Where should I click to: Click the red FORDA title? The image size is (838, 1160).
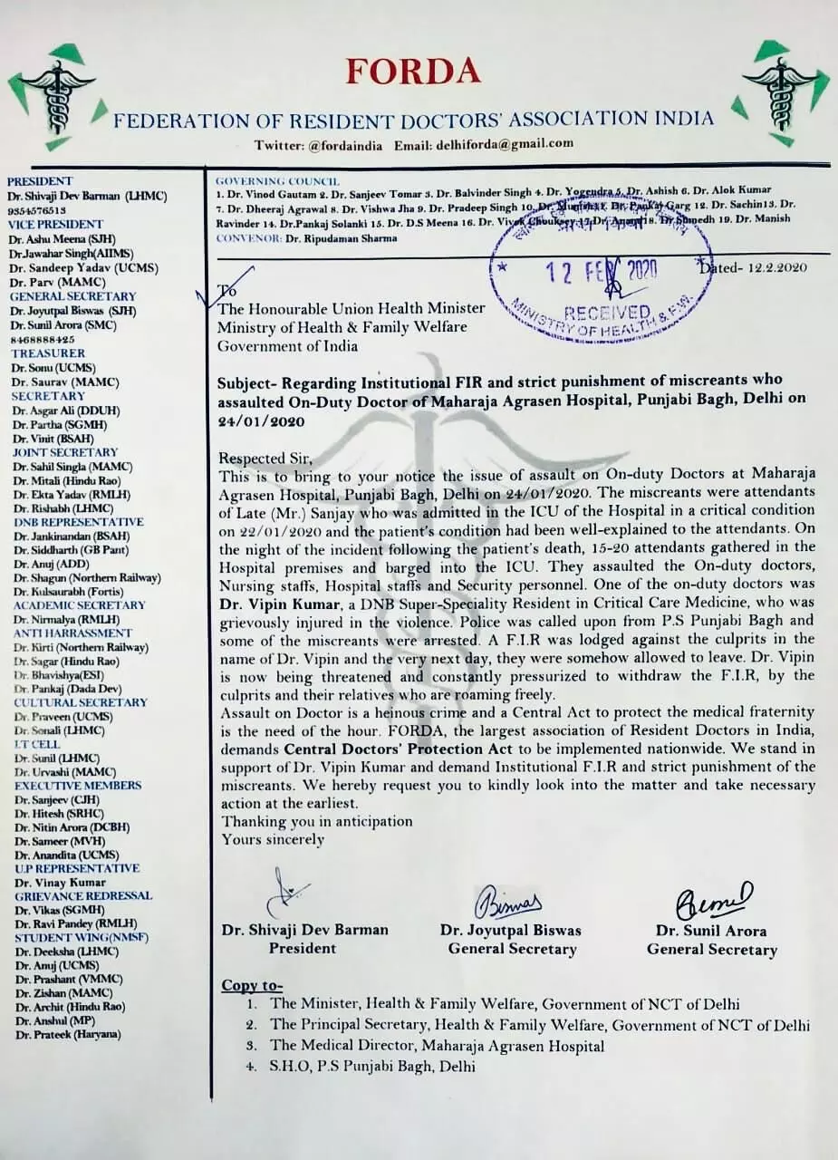(x=412, y=71)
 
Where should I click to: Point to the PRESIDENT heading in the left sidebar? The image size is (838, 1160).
(x=40, y=181)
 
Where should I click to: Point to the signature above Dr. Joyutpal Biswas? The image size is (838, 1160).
(x=508, y=902)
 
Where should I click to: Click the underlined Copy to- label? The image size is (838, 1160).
(x=252, y=985)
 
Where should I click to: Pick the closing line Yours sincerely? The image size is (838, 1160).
(x=273, y=838)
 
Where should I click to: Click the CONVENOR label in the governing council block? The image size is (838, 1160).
(x=247, y=238)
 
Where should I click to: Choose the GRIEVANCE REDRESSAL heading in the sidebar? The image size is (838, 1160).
(x=82, y=895)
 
